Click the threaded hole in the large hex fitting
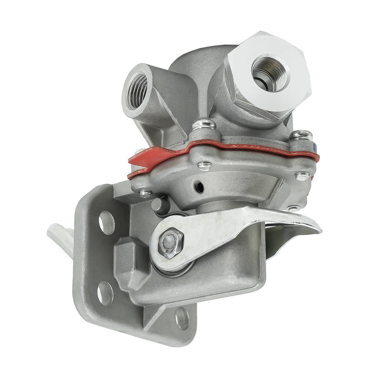270,72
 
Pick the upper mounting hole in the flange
106,221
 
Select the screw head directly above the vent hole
205,166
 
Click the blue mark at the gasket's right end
316,149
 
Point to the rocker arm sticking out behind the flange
60,236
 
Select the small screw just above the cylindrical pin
144,193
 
